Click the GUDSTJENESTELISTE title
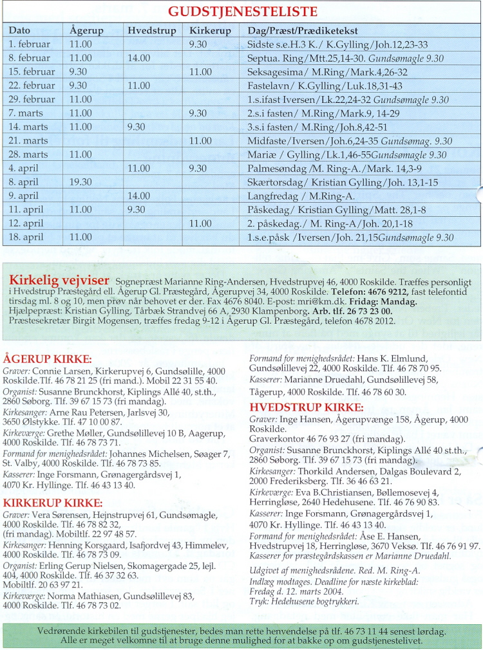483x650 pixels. click(242, 12)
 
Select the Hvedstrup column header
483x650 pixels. click(149, 30)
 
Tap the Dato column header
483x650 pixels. click(20, 30)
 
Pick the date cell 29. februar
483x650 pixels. click(32, 99)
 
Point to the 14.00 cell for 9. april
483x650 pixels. click(138, 196)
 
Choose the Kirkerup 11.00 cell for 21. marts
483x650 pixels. click(200, 141)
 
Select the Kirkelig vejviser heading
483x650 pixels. click(59, 280)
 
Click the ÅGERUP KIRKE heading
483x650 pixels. click(48, 359)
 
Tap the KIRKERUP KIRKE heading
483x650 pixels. click(53, 502)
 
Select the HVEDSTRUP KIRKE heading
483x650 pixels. click(306, 407)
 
